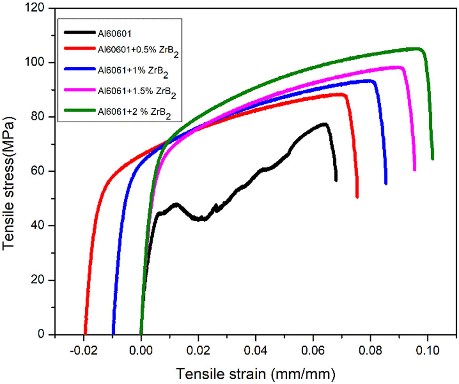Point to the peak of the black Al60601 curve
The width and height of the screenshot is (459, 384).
(324, 124)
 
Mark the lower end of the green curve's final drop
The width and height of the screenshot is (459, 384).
(432, 159)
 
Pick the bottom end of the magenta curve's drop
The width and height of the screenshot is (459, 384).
(414, 170)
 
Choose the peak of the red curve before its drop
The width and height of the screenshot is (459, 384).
(343, 94)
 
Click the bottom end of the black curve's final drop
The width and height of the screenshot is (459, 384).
(336, 180)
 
